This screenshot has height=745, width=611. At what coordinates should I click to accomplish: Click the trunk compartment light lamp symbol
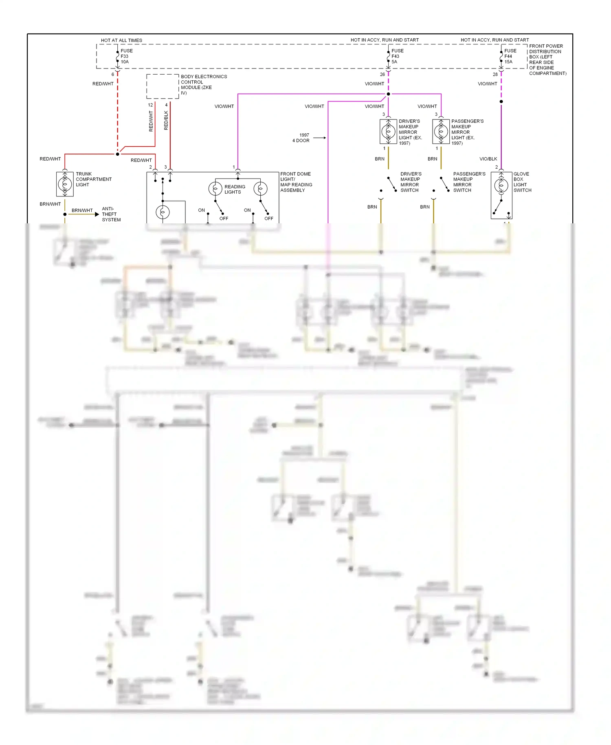pos(65,184)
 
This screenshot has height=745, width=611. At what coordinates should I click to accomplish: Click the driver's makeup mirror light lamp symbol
pos(388,131)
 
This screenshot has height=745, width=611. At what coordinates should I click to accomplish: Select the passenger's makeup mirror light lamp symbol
pos(441,131)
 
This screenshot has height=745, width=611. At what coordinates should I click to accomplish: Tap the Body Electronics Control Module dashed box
pos(163,86)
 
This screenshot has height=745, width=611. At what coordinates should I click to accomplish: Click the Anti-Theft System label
pos(111,214)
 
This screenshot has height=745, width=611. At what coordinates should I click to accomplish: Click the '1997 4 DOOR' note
pos(301,138)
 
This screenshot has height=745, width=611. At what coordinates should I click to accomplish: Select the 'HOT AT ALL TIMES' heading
pos(121,40)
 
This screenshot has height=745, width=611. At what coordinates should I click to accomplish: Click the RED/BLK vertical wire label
pos(166,120)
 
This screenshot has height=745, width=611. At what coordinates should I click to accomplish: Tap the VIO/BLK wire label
pos(488,159)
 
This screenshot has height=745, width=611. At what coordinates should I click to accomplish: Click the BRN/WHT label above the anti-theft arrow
pos(82,210)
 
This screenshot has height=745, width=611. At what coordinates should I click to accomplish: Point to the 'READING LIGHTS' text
pos(234,189)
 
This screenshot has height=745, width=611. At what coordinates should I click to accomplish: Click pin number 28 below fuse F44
pos(495,75)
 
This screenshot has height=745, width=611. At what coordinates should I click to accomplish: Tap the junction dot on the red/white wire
pos(118,154)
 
